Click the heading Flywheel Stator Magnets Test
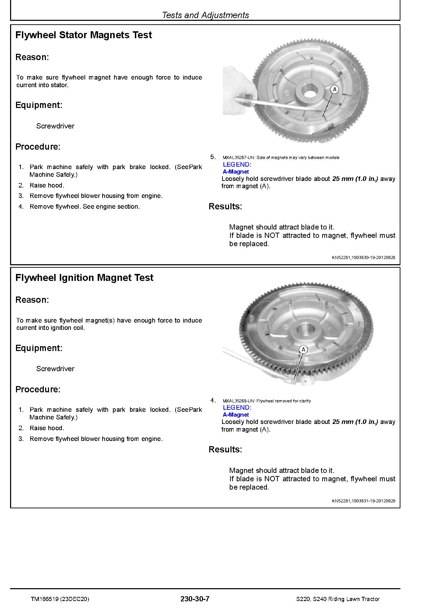pos(83,35)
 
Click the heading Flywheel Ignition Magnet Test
pos(84,278)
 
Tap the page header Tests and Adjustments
pos(205,15)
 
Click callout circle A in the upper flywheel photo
pos(334,90)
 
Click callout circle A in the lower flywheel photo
pos(303,349)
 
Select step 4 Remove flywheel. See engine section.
pos(84,207)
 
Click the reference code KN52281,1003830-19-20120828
pos(363,258)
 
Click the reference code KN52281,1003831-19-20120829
pos(363,501)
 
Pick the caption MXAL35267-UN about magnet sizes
pos(281,158)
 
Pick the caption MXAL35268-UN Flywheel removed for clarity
pos(267,401)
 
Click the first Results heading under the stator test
pos(225,207)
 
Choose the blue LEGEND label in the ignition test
pos(237,408)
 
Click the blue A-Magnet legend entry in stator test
pos(236,172)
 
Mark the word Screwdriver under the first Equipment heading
pos(55,126)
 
